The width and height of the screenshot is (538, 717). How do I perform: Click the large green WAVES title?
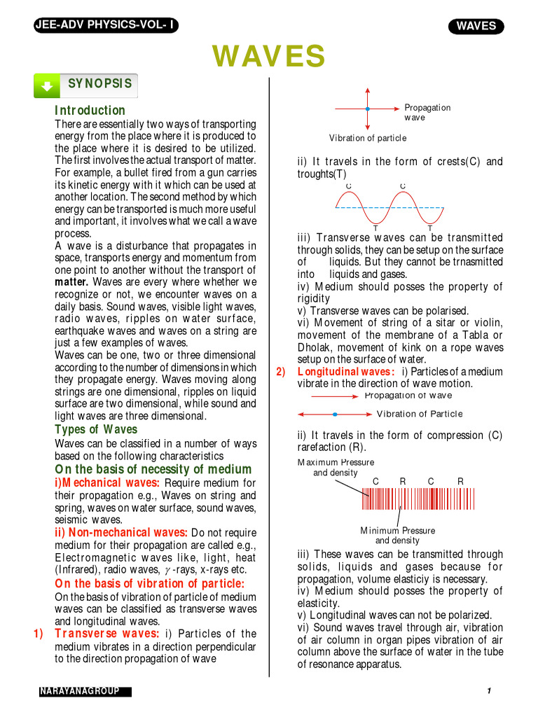[x=269, y=56]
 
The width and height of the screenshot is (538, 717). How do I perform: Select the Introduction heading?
[x=90, y=111]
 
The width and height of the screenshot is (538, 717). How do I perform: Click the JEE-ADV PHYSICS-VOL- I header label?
[x=105, y=26]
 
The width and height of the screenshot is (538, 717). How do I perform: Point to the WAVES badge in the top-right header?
[x=476, y=27]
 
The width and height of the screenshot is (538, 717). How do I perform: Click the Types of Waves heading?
[x=96, y=429]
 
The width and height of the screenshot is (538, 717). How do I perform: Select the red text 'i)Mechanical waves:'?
[x=107, y=483]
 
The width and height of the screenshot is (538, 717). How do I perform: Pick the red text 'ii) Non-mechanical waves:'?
[x=121, y=533]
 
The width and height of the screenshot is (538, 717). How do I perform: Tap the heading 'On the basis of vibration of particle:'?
[x=150, y=584]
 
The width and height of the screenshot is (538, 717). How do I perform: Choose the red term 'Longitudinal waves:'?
[x=346, y=372]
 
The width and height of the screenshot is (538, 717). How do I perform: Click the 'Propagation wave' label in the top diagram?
[x=427, y=113]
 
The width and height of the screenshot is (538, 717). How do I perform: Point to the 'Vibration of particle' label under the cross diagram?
[x=368, y=139]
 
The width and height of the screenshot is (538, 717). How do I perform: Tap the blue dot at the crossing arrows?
[x=367, y=109]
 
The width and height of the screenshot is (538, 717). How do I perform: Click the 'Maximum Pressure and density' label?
[x=336, y=468]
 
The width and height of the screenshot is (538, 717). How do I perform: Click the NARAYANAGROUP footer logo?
[x=85, y=692]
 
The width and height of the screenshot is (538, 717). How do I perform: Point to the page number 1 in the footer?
[x=488, y=692]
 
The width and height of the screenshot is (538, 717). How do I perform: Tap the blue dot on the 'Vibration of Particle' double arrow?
[x=335, y=415]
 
